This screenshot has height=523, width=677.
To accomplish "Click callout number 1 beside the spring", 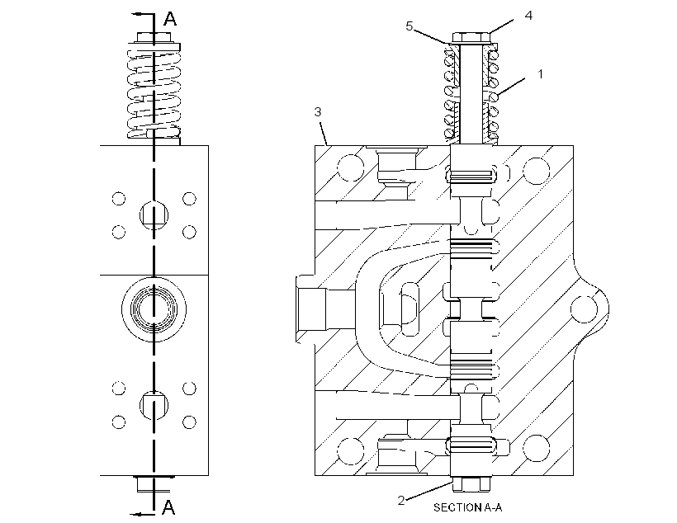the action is coord(540,74).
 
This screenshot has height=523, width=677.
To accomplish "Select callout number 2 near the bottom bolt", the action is coord(401,501).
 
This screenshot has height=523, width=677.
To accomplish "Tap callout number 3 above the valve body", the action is coord(318,112).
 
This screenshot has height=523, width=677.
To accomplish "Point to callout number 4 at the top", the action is coord(528,16).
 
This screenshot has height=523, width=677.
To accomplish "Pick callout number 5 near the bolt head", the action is coord(410,26).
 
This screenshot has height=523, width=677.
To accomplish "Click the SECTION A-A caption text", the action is coord(467,507).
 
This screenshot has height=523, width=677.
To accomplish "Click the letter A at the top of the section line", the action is coord(170,18).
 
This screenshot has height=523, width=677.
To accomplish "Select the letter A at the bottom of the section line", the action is coord(168,507).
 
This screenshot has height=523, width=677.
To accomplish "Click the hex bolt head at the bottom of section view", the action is coord(471,484).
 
